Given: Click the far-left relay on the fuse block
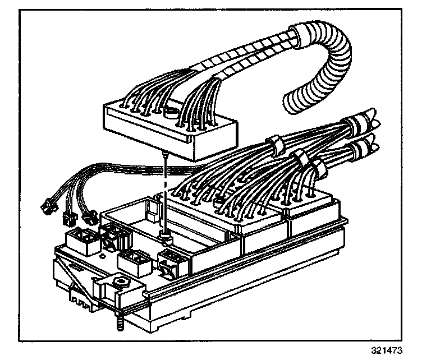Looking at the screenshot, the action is (x=79, y=239).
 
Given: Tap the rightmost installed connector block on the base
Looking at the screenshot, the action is (x=311, y=219).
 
